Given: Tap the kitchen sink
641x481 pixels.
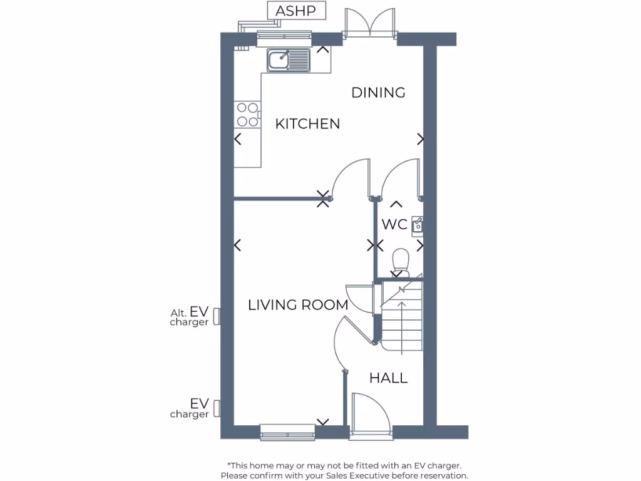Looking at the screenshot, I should coord(289,60).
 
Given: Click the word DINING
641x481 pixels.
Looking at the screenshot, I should coord(378,93).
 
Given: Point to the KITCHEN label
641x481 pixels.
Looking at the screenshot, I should coord(307,124).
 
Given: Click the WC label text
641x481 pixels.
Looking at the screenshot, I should coord(394,224).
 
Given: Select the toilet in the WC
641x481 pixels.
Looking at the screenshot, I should coord(400,261).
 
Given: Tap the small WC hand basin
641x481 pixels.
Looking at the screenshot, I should coord(418,225).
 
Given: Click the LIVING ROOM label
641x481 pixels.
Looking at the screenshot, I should coord(297,305).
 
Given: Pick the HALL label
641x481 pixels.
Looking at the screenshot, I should coord(388,378).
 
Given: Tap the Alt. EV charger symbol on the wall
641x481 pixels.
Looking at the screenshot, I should coord(217,316).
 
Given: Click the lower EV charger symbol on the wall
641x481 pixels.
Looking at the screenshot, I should coord(217,409).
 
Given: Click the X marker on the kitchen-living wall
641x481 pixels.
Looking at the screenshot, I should coord(324,199).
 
